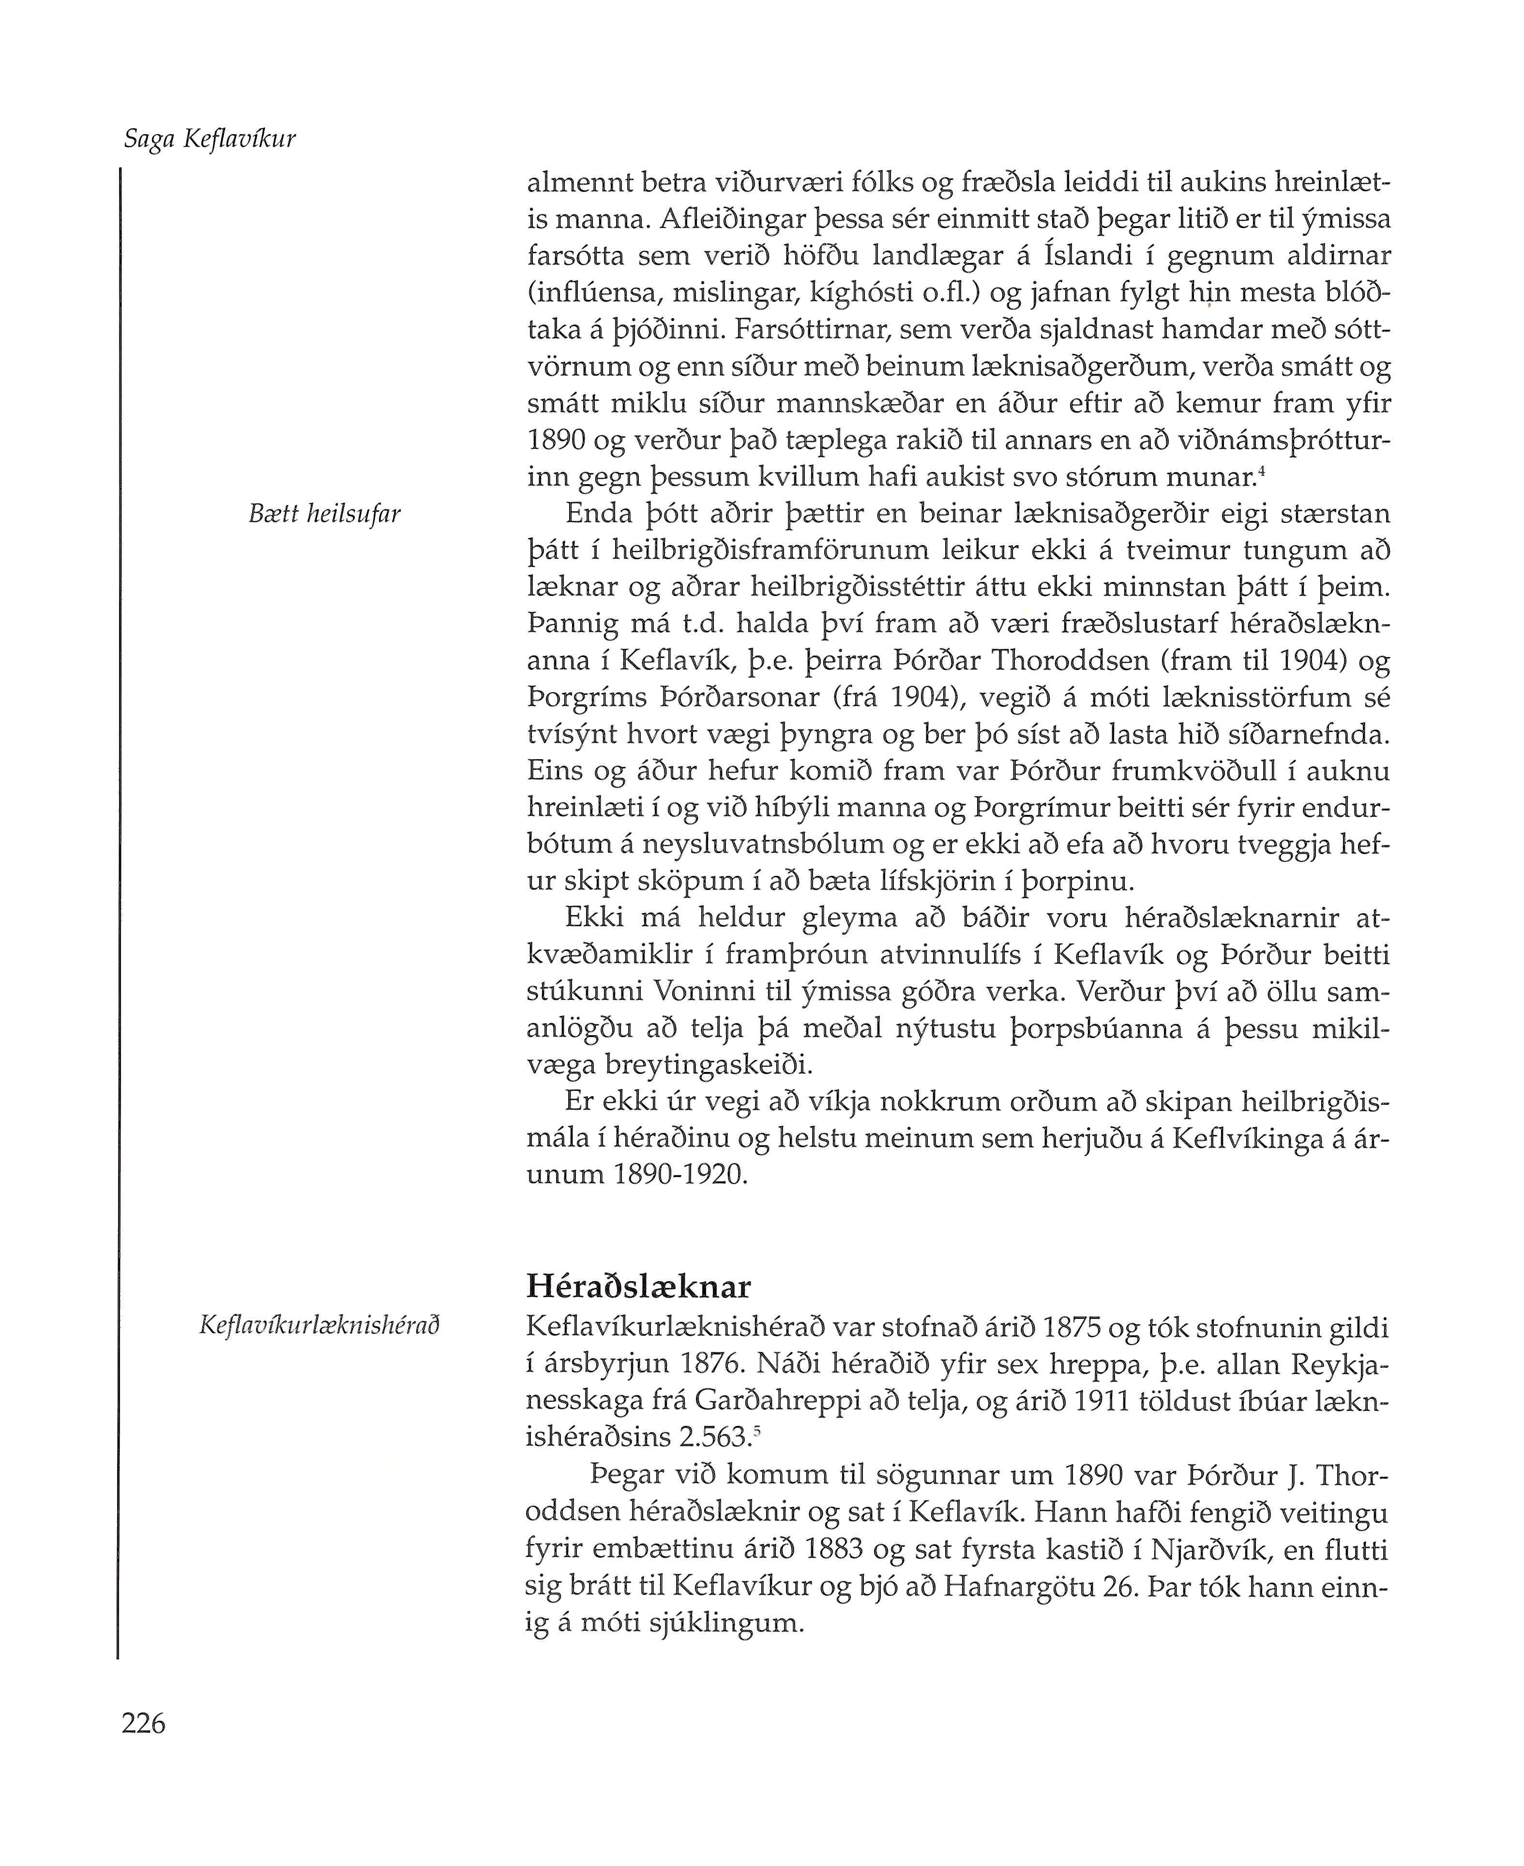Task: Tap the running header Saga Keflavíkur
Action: click(210, 139)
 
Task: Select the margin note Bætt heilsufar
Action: click(325, 514)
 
